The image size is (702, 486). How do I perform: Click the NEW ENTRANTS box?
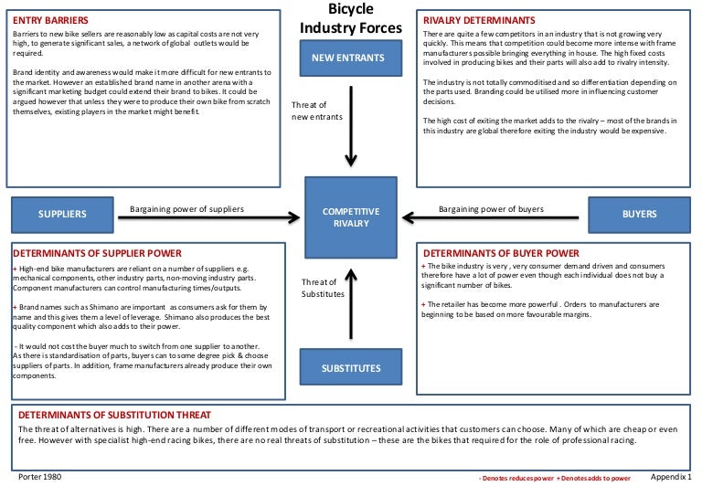click(x=352, y=58)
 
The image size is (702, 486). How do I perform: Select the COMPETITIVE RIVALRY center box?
click(x=352, y=217)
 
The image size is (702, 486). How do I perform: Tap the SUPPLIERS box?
click(x=62, y=214)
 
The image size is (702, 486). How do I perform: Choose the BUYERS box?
click(x=639, y=214)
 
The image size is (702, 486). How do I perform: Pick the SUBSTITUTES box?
click(x=352, y=369)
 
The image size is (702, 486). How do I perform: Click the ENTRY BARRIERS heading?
click(x=51, y=19)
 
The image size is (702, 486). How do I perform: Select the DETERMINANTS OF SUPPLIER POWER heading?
click(x=98, y=252)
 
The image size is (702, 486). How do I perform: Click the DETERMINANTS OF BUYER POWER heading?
click(x=500, y=252)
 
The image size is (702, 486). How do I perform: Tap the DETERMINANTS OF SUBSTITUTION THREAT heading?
click(x=115, y=414)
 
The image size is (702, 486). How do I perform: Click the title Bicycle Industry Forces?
click(x=351, y=18)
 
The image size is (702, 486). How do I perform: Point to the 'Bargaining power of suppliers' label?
click(x=186, y=208)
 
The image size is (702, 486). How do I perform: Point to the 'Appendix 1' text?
click(x=674, y=477)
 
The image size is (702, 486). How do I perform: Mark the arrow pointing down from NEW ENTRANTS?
click(x=351, y=128)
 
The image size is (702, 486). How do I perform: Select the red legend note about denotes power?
click(x=556, y=478)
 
